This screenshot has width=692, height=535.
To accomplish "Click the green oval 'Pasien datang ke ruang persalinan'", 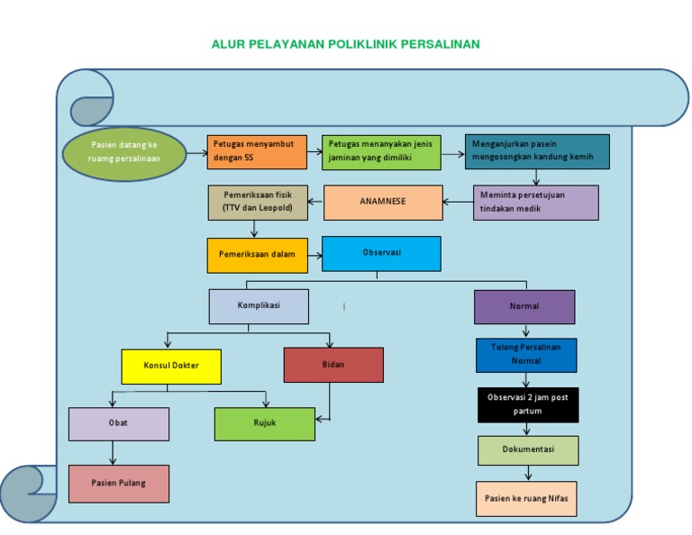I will click(x=125, y=153).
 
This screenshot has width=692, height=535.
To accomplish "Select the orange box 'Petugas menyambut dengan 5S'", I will click(x=257, y=151).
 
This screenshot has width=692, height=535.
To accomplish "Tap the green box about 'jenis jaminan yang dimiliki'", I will click(x=381, y=152).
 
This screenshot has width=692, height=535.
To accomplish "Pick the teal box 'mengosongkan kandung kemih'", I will click(x=537, y=151).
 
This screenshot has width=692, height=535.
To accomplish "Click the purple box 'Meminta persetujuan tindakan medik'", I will click(x=536, y=203).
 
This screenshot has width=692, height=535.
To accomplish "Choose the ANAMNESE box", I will click(x=383, y=203).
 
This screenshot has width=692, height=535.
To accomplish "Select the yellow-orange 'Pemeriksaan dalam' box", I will click(x=257, y=255).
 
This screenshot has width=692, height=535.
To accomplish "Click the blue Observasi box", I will click(x=381, y=254).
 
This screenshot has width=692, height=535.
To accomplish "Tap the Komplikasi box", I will click(x=259, y=306).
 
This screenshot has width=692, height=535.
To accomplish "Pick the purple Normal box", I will click(x=524, y=306).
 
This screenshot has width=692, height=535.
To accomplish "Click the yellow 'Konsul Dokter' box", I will click(x=172, y=366).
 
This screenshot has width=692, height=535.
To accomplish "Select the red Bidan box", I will click(x=333, y=365).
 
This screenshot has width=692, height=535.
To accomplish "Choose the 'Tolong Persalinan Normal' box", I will click(x=527, y=355).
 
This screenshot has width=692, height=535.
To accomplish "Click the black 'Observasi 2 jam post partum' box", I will click(x=528, y=404).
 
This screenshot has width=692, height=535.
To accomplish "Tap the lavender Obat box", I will click(x=119, y=424).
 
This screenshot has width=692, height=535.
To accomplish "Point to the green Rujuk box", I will click(x=265, y=424).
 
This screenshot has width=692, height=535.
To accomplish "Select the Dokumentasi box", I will click(x=528, y=450).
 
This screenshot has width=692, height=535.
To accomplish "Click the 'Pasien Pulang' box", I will click(x=119, y=484).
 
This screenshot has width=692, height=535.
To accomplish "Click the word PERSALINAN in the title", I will click(x=442, y=44).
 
